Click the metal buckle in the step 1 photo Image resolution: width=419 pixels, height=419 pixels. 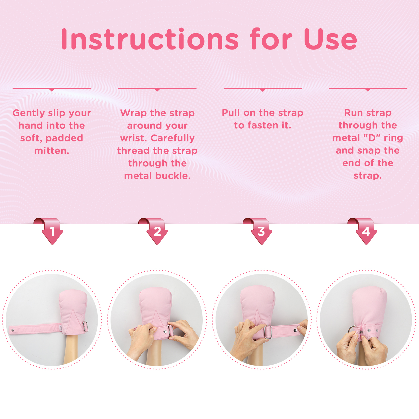(x=85, y=327)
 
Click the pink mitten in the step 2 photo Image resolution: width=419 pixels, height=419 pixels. (x=156, y=304)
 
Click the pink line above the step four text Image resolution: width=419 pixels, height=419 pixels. (x=367, y=89)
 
